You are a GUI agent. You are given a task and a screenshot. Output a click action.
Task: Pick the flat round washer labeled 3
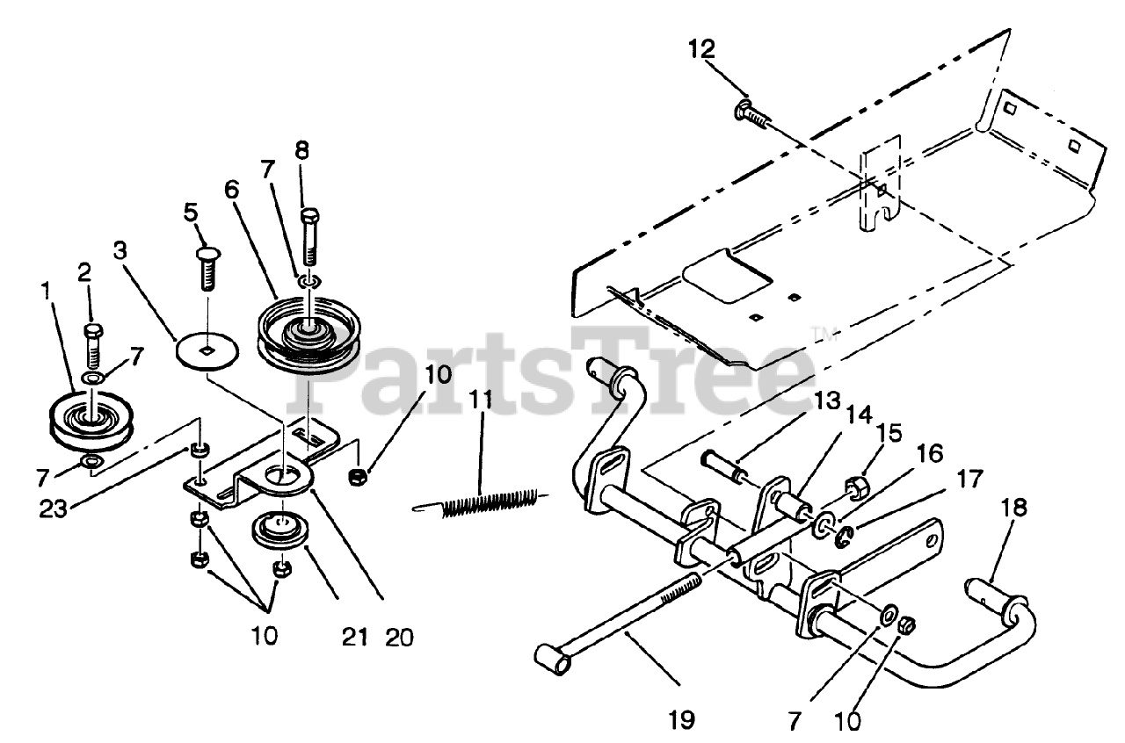(207, 351)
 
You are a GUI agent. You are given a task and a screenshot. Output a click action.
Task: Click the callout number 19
(681, 720)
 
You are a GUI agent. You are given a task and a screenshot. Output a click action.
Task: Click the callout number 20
(401, 635)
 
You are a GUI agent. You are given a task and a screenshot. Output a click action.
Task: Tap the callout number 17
(968, 479)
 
